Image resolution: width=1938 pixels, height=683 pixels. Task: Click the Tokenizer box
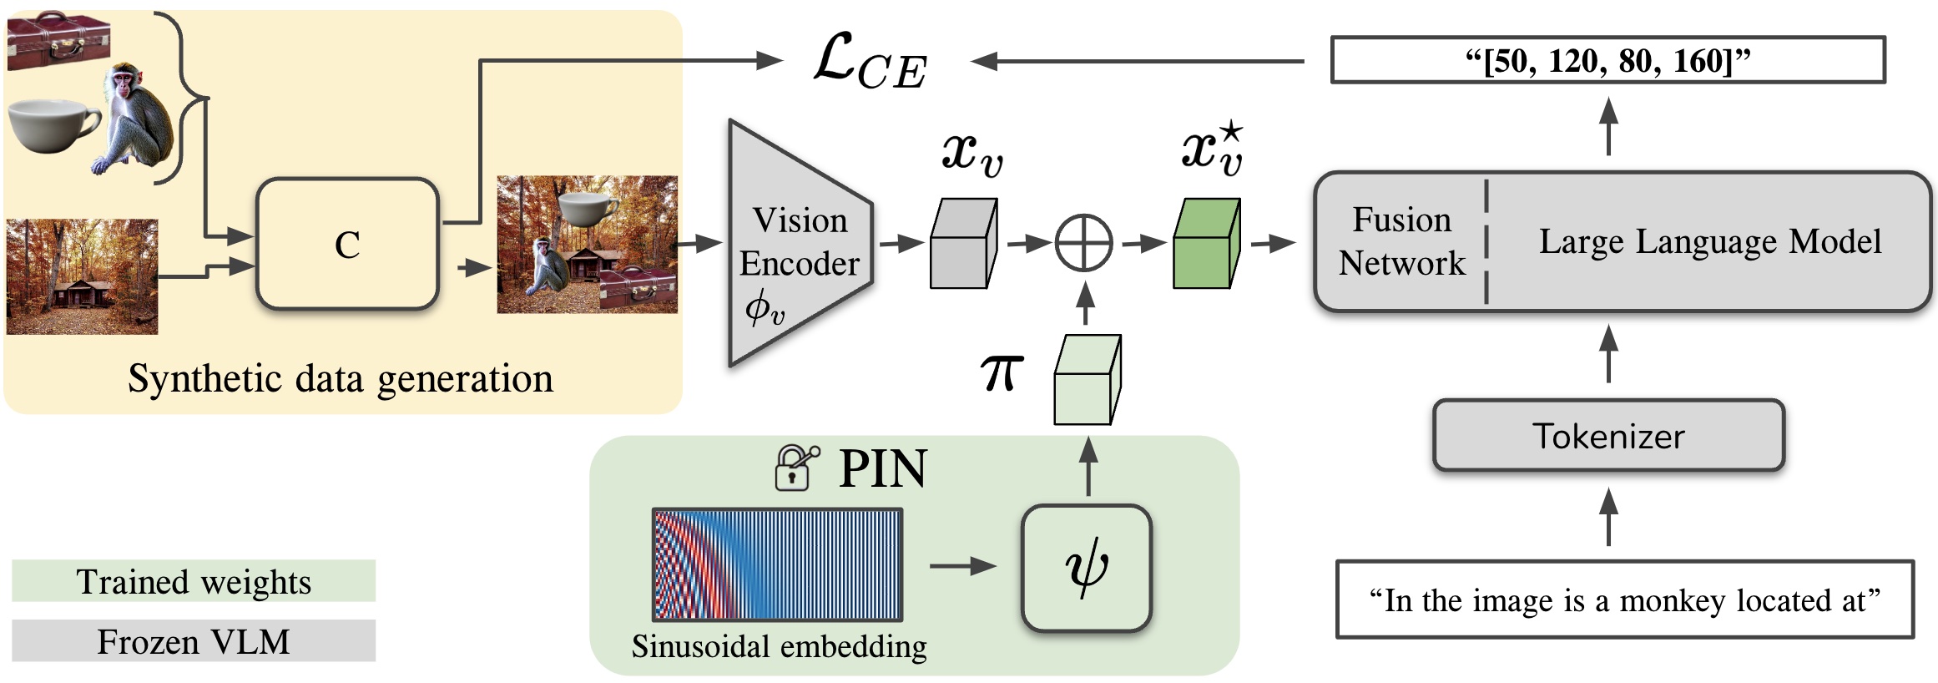(1607, 436)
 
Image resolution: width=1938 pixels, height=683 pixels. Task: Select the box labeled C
(347, 245)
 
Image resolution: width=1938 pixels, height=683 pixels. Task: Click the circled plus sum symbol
(1083, 244)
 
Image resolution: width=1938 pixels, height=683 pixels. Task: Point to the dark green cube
(1205, 245)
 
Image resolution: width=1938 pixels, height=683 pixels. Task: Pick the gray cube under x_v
(963, 245)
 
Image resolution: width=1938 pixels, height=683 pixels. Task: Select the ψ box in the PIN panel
(1086, 568)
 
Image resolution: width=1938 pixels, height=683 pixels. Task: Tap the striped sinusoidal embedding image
(777, 565)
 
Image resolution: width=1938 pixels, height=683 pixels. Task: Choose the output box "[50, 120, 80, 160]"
(1607, 60)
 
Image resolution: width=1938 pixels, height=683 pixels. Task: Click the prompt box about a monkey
(1624, 600)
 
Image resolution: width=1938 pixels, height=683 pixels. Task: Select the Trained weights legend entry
(194, 581)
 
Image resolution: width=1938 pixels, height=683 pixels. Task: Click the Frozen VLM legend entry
(194, 641)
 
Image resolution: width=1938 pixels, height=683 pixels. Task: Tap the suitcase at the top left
(58, 40)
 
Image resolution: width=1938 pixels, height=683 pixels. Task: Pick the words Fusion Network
(1401, 241)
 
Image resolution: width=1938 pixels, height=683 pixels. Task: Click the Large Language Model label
(1709, 241)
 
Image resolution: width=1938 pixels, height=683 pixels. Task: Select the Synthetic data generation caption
(341, 379)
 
